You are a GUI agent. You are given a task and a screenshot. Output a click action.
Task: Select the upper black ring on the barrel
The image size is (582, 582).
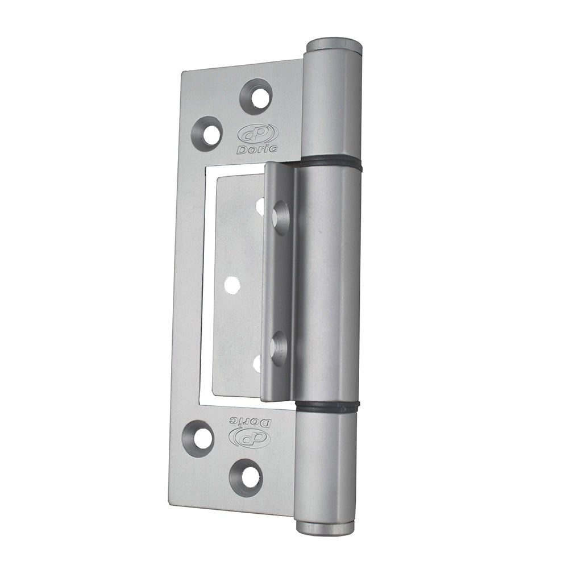click(x=331, y=164)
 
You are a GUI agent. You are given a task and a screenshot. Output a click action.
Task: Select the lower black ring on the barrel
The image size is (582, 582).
click(x=328, y=406)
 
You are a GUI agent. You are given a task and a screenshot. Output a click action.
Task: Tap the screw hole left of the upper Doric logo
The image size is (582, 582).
click(x=207, y=134)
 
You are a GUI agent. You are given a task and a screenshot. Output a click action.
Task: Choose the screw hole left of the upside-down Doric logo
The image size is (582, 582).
click(x=199, y=438)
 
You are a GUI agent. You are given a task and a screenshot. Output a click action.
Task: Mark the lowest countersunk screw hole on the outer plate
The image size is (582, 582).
click(x=247, y=476)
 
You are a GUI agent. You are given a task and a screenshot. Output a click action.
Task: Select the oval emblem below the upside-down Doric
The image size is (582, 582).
click(x=248, y=438)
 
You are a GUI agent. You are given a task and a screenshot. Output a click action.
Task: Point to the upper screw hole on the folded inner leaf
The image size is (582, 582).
click(x=280, y=217)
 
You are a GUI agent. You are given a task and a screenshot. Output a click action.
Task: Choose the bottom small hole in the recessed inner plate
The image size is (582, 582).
click(x=257, y=363)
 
